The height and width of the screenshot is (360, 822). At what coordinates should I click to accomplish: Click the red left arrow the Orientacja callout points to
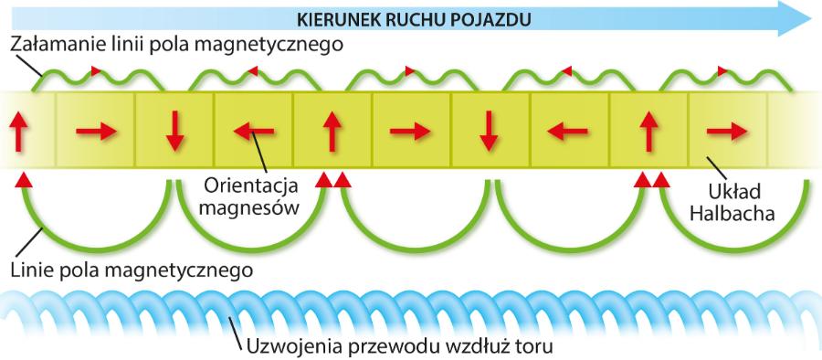click(253, 132)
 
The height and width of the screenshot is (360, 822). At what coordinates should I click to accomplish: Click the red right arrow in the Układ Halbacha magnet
click(727, 132)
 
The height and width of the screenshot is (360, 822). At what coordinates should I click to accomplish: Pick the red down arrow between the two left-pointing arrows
click(490, 132)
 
